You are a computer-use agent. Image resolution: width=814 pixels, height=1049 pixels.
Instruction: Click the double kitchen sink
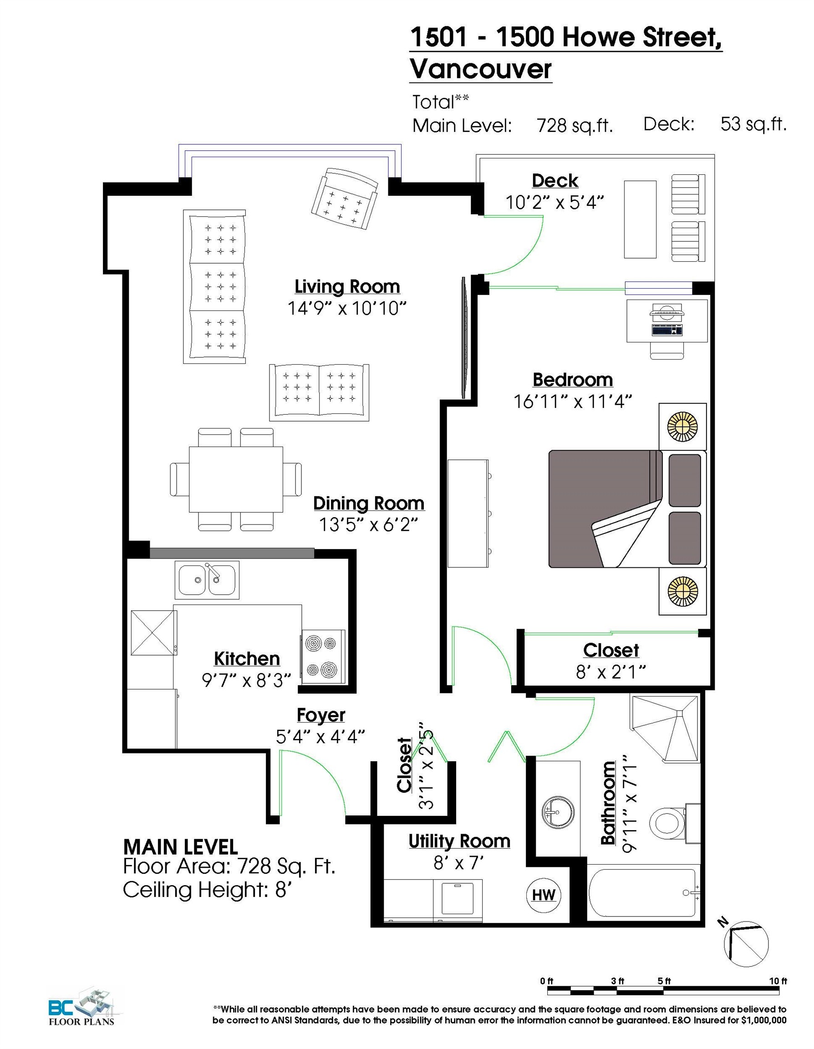click(207, 580)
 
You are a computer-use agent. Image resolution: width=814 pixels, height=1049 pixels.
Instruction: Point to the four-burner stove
click(322, 657)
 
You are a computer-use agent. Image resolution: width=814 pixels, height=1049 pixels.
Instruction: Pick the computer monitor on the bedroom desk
click(666, 312)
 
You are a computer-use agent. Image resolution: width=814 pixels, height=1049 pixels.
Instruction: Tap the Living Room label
click(347, 287)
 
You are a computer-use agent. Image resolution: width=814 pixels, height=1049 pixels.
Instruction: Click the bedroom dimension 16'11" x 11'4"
click(572, 401)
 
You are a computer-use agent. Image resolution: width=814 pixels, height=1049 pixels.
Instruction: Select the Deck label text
click(555, 181)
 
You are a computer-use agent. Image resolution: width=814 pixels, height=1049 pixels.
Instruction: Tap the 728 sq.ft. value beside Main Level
click(575, 126)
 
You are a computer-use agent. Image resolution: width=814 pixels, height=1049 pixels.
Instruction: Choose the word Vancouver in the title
click(481, 69)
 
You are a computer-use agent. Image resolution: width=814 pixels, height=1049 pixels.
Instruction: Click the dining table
click(235, 479)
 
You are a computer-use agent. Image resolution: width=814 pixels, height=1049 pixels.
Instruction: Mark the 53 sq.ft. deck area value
click(753, 124)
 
